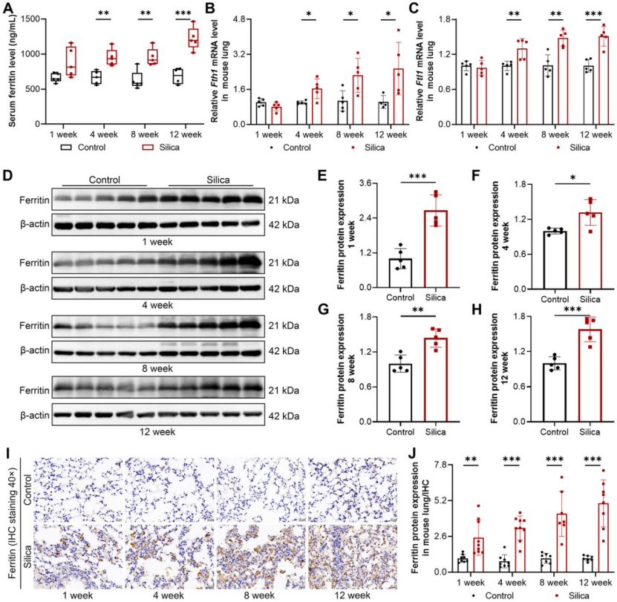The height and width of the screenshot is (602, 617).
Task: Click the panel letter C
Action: [x=421, y=8]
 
